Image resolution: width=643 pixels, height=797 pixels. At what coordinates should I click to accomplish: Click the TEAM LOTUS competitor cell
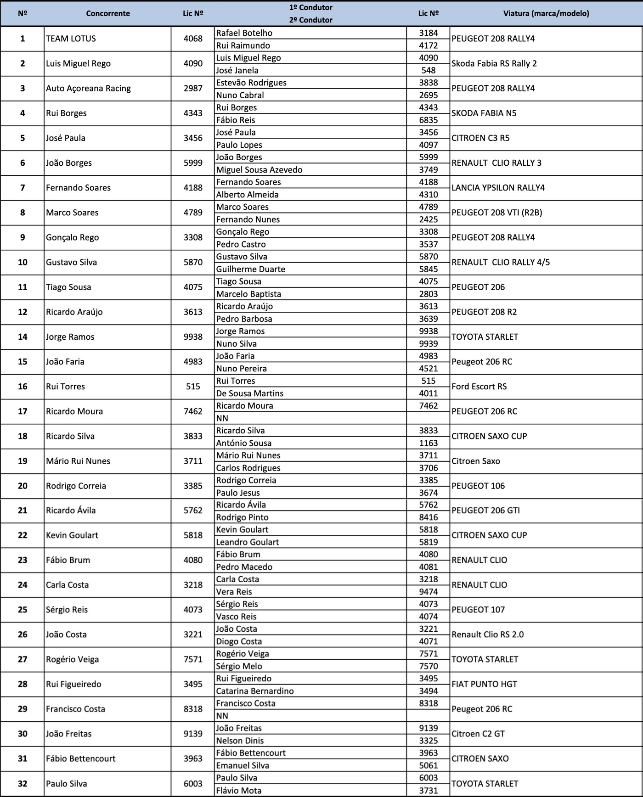pyautogui.click(x=71, y=39)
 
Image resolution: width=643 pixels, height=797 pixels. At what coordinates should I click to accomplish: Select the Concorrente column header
pyautogui.click(x=108, y=13)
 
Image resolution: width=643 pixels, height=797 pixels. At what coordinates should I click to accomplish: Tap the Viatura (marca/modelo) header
pyautogui.click(x=546, y=13)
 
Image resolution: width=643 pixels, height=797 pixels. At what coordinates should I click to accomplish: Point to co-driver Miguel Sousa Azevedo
pyautogui.click(x=259, y=170)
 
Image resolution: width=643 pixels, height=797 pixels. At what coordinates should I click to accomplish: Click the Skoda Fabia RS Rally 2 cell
pyautogui.click(x=494, y=64)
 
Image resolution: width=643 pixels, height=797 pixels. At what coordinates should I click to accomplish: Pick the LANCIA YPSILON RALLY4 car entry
pyautogui.click(x=498, y=188)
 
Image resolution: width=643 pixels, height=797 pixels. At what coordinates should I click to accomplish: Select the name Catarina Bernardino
pyautogui.click(x=255, y=691)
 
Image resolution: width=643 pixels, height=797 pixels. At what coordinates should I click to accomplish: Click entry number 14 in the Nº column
pyautogui.click(x=23, y=337)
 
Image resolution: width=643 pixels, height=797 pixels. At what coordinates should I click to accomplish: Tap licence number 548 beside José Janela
pyautogui.click(x=428, y=70)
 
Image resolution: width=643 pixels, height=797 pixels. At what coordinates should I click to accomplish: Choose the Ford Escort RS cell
pyautogui.click(x=479, y=387)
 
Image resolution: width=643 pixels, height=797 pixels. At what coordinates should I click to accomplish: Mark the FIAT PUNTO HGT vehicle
pyautogui.click(x=484, y=684)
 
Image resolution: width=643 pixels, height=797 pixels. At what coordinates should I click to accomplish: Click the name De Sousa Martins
pyautogui.click(x=249, y=393)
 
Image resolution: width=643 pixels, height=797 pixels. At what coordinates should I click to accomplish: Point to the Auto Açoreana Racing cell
pyautogui.click(x=88, y=89)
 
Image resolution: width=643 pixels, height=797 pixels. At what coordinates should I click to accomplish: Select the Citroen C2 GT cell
pyautogui.click(x=478, y=734)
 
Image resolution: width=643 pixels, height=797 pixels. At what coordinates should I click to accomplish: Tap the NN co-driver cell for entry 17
pyautogui.click(x=222, y=418)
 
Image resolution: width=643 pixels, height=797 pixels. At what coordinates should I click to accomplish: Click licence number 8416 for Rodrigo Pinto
pyautogui.click(x=428, y=517)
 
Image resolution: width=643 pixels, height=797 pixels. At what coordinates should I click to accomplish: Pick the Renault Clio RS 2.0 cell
pyautogui.click(x=487, y=634)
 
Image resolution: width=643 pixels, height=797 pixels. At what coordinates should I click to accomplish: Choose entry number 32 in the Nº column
pyautogui.click(x=23, y=784)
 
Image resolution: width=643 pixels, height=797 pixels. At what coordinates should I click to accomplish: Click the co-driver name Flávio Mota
pyautogui.click(x=238, y=791)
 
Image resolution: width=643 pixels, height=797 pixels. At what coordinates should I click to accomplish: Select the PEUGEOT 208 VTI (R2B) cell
pyautogui.click(x=496, y=213)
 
